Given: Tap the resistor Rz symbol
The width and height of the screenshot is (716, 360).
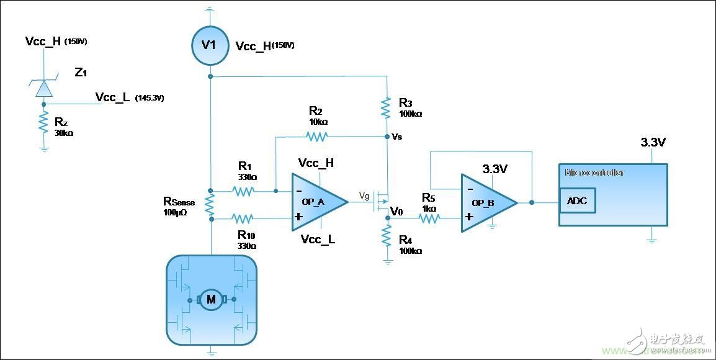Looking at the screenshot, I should [43, 122].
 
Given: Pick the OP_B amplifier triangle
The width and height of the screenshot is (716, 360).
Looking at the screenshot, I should [488, 202].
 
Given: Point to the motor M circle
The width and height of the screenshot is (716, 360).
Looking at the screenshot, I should [211, 300].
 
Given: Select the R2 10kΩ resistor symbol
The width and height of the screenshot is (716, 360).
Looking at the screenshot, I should [316, 136].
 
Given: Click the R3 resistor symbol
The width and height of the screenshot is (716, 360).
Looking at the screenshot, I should [387, 108].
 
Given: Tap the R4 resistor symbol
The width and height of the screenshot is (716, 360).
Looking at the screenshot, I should [387, 235].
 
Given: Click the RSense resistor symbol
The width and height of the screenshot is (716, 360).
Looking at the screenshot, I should [210, 205].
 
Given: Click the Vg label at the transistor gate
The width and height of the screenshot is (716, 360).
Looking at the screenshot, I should [364, 196].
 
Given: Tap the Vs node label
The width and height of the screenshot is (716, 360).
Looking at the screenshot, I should [397, 137].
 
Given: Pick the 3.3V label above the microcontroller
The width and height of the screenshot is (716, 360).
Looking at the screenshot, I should [653, 143].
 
